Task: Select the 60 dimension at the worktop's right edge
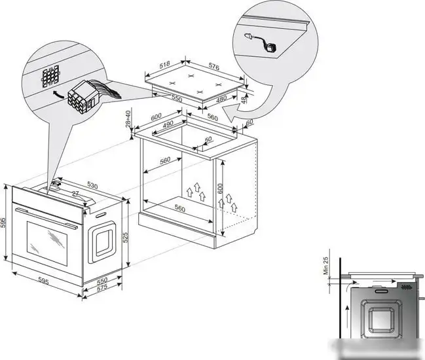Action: [x=249, y=122]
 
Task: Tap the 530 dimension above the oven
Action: [x=93, y=187]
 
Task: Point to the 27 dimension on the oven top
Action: [x=75, y=194]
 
